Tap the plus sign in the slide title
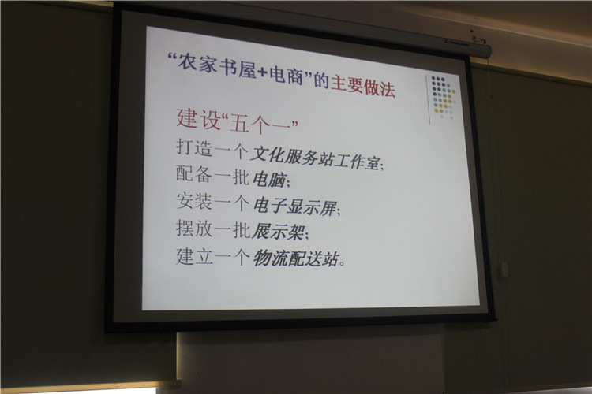(263, 72)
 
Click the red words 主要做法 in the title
(363, 87)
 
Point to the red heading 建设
(198, 118)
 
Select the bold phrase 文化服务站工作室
(316, 158)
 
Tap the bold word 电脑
(269, 180)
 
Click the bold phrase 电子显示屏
(294, 206)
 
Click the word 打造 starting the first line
(194, 147)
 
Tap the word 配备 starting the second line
(194, 174)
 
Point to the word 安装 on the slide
(194, 201)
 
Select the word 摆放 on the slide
(194, 229)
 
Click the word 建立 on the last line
(194, 255)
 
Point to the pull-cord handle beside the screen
(504, 270)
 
